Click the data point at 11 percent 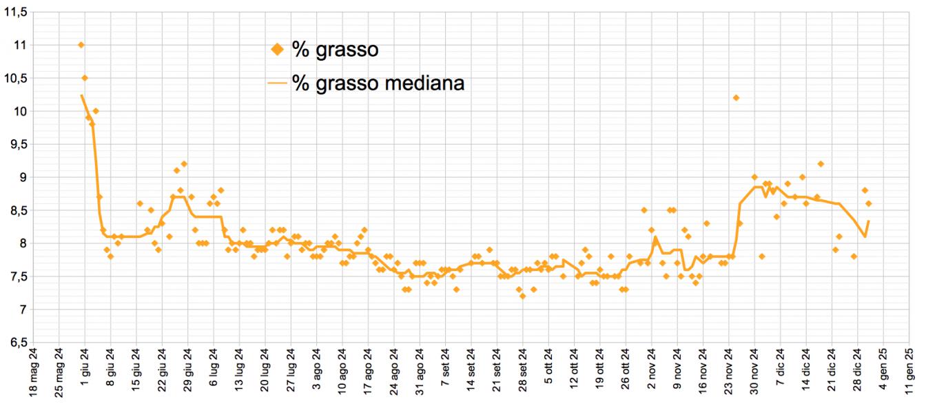click(81, 45)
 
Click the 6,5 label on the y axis click(15, 343)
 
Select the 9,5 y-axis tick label click(15, 144)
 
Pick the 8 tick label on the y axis click(21, 243)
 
